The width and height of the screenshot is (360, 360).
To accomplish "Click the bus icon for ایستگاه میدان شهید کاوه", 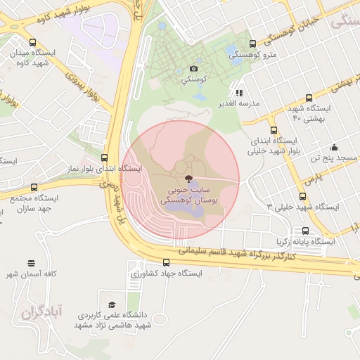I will (x=33, y=43).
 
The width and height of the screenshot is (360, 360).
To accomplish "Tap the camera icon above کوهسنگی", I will (x=193, y=68).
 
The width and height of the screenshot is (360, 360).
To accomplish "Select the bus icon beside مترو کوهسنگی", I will (x=252, y=44).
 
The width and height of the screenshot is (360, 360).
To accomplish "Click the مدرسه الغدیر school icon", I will (x=239, y=92).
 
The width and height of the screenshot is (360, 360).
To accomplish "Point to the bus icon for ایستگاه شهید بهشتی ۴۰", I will (x=309, y=98).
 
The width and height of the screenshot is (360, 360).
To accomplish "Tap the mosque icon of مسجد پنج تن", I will (x=334, y=147).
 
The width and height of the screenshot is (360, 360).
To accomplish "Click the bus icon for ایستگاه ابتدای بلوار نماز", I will (x=105, y=158).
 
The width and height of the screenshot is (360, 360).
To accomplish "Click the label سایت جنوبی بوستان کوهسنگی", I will (x=190, y=195).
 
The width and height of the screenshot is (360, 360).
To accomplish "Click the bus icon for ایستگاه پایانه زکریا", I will (x=305, y=231).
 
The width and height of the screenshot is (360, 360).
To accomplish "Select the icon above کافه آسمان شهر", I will (x=30, y=262).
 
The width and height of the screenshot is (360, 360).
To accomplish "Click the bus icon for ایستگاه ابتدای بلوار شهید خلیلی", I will (x=274, y=130).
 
